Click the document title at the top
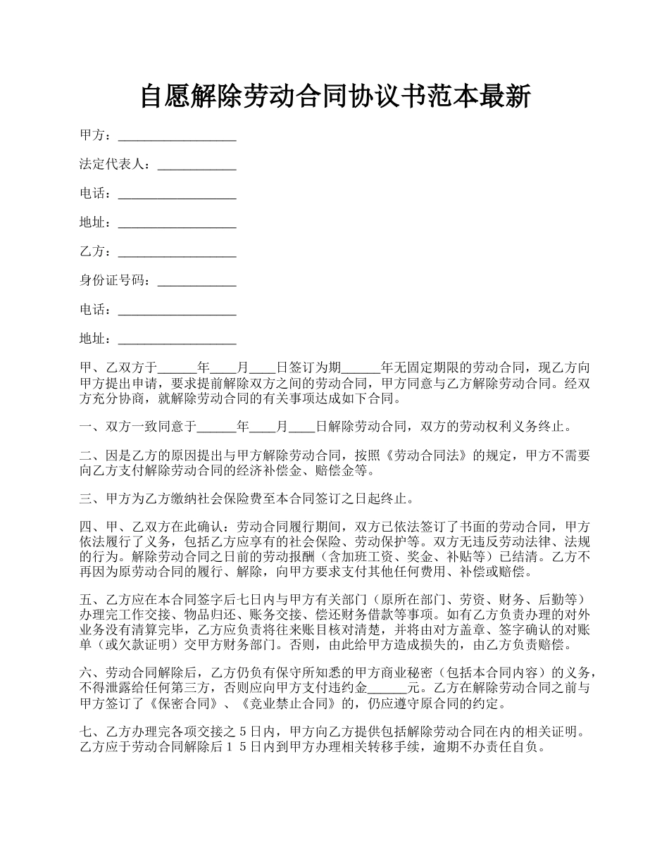pos(334,96)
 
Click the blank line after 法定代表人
pos(196,165)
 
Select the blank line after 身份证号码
pos(196,282)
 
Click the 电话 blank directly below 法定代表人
pos(177,194)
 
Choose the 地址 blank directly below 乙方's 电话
pos(177,340)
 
